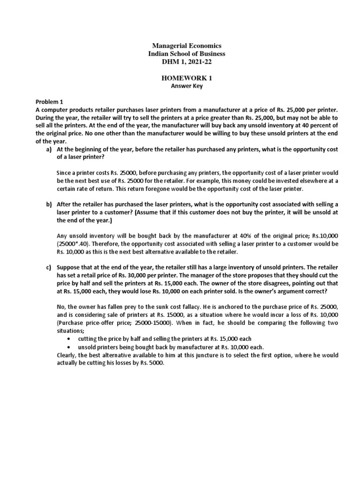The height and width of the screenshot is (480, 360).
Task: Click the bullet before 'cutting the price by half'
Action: click(x=69, y=339)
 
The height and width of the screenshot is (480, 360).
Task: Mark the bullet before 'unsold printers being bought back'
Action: click(x=69, y=347)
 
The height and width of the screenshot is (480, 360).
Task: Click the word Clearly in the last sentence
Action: click(x=67, y=356)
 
